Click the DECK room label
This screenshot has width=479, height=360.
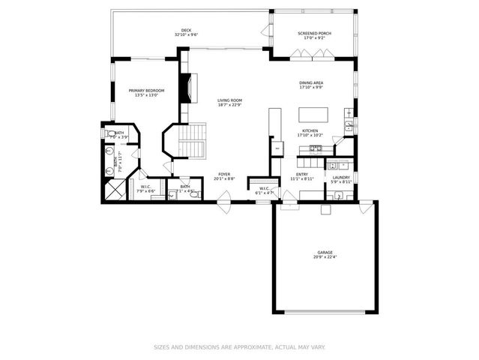coord(186,30)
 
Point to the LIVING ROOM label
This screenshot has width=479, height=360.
coord(229,100)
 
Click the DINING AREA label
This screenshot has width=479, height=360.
coord(310,84)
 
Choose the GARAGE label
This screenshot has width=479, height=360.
coord(324,252)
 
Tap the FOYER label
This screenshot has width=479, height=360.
coord(224,174)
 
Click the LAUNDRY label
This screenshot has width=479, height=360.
coord(341,177)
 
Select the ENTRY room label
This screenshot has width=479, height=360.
coord(302,174)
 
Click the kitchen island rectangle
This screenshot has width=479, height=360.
coord(311,115)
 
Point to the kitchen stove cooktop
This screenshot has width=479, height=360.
coord(312,147)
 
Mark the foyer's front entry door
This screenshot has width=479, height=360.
coord(223,202)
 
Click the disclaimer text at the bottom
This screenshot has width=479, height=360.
coord(239,347)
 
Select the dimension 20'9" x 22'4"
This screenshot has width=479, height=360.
coord(324,257)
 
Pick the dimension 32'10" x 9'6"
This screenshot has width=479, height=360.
coord(186,35)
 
